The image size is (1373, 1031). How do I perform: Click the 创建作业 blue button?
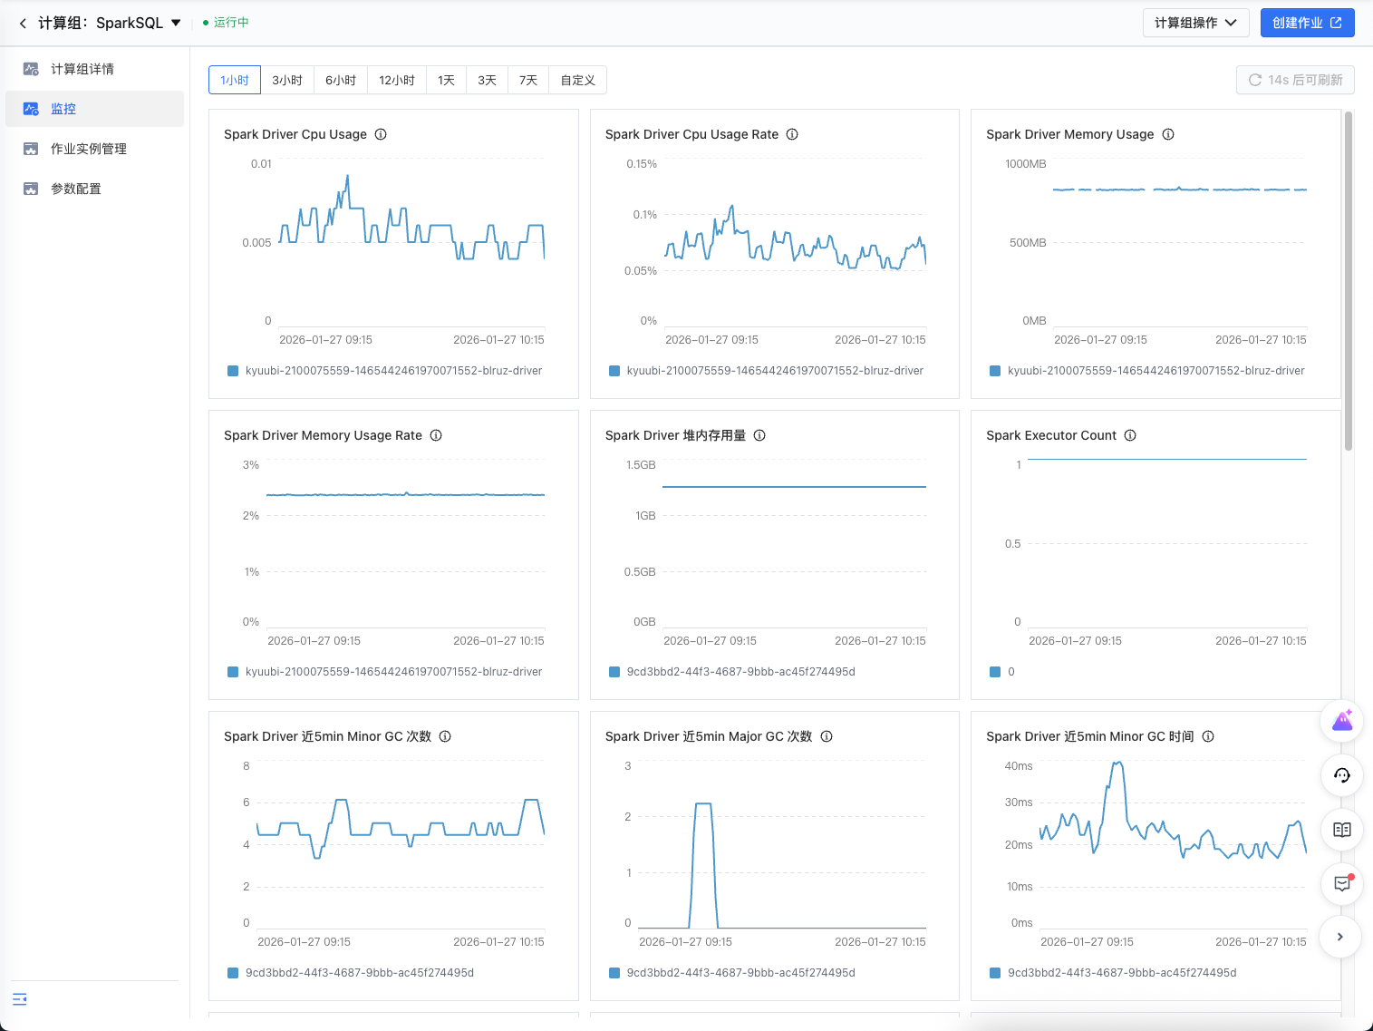(1307, 23)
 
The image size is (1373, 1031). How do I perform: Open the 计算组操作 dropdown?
(1195, 23)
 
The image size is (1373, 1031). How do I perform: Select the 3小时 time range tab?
(287, 80)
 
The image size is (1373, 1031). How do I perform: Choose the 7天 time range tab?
(528, 80)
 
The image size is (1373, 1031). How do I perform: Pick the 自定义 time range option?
(577, 80)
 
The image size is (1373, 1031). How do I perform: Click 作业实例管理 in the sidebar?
(88, 149)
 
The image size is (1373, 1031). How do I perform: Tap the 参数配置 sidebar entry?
(76, 189)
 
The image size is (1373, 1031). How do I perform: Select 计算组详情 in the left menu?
(82, 69)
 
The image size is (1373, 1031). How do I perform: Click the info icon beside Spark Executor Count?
(1130, 435)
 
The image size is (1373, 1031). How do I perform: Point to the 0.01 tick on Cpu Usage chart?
(261, 164)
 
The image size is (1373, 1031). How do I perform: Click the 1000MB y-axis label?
(1025, 164)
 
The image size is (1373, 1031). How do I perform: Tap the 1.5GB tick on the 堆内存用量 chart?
(641, 465)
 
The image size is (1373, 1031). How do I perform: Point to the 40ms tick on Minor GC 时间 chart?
(1018, 765)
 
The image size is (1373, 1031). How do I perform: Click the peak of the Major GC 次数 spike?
(703, 804)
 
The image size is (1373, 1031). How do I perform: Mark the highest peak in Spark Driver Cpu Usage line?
(348, 176)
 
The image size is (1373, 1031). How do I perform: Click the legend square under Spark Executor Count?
(994, 672)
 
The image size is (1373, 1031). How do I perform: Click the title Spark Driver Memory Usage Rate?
(323, 435)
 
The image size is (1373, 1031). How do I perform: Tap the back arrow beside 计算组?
(24, 24)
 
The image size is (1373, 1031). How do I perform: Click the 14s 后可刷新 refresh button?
(1295, 80)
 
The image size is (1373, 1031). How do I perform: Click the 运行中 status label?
(231, 23)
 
